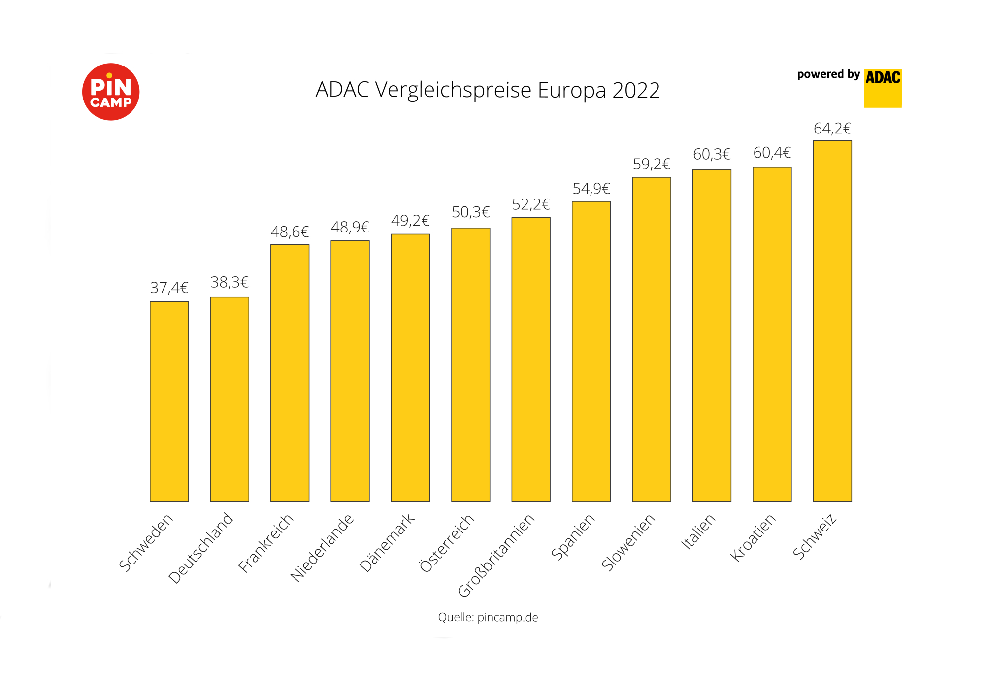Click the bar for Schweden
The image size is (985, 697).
pos(169,401)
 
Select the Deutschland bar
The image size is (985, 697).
pos(230,399)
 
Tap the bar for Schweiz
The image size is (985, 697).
pos(832,321)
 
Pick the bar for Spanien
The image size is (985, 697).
pos(591,351)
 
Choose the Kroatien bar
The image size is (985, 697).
pos(772,334)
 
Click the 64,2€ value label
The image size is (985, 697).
pos(832,129)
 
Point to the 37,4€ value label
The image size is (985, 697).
pos(169,288)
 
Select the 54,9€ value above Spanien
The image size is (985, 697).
pos(591,189)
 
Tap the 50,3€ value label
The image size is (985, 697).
pos(470,212)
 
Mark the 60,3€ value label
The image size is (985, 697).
pos(712,155)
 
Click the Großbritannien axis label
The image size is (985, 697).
pos(496,555)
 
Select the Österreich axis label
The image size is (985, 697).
pos(447,543)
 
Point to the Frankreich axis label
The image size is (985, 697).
pos(265,543)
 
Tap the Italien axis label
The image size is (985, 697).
pos(698,531)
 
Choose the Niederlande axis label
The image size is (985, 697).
pos(322,548)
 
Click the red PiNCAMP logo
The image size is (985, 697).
pos(111,92)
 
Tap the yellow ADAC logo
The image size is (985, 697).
pos(883,88)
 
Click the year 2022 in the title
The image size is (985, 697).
pos(636,91)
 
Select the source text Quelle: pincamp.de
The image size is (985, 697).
pos(488,617)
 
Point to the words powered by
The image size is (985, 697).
pos(828,74)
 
